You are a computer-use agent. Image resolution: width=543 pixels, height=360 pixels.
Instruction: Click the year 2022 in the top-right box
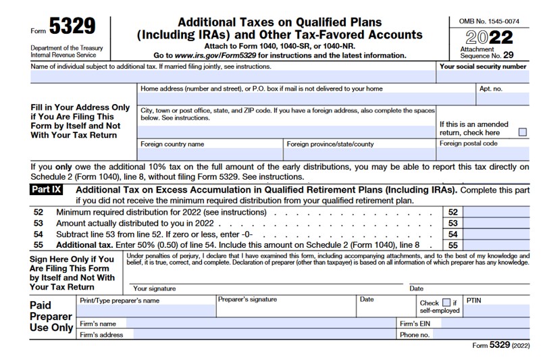[490, 37]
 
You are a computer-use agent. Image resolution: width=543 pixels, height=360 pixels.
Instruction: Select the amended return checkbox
[522, 132]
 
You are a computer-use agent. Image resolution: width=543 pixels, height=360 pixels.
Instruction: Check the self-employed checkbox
[446, 303]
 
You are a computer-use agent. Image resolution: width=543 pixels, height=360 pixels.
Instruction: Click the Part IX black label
[46, 190]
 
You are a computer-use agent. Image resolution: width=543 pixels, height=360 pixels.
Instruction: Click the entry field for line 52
[497, 212]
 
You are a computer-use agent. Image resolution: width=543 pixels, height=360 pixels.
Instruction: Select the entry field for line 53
[497, 223]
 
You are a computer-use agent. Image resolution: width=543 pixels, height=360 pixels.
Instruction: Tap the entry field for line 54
[497, 234]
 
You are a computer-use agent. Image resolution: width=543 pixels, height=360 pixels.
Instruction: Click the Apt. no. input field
[502, 99]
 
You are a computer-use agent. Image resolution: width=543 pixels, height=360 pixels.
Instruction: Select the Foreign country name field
[209, 154]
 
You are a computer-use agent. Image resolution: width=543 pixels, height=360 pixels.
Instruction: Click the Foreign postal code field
[483, 154]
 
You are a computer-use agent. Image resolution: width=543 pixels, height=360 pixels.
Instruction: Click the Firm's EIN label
[413, 324]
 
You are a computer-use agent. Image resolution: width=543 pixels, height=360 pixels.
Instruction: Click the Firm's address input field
[263, 334]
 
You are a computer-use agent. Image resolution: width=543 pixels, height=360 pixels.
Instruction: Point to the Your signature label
[154, 288]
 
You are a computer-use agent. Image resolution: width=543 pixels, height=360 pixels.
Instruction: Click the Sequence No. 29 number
[517, 55]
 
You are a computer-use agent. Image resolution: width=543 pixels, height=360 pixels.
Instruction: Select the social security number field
[483, 77]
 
